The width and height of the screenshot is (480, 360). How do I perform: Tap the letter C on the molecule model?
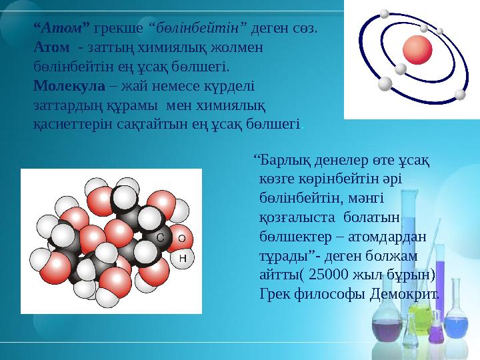[x=161, y=237]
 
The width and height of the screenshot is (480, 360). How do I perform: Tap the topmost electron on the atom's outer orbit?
[x=384, y=13]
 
